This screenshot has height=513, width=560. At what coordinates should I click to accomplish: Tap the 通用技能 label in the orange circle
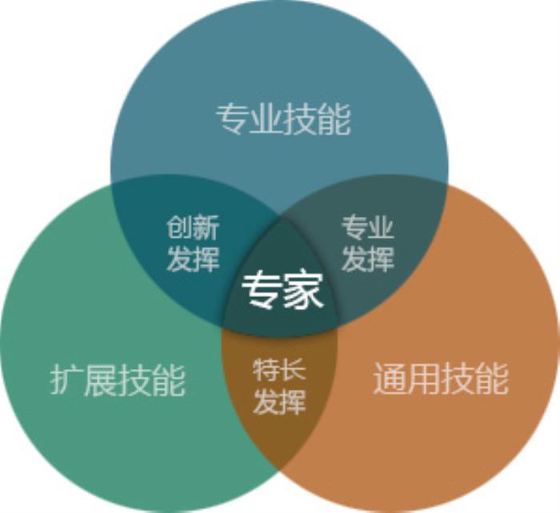tap(441, 379)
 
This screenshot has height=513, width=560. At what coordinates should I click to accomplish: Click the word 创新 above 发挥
tap(193, 228)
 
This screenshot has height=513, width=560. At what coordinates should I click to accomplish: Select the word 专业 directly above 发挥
tap(368, 228)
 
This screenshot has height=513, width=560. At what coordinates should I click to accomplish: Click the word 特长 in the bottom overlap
tap(279, 371)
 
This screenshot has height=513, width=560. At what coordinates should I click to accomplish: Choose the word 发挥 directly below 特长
tap(279, 403)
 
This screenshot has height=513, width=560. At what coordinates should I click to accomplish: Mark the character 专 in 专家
tap(262, 290)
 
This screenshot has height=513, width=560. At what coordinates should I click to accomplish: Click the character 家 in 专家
tap(305, 290)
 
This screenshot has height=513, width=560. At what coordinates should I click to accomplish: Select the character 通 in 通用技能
tap(390, 379)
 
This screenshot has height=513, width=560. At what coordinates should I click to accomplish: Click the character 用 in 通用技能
tap(424, 379)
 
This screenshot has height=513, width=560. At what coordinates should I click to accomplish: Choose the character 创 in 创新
tap(180, 228)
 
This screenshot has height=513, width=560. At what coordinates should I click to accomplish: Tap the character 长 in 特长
tap(293, 371)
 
